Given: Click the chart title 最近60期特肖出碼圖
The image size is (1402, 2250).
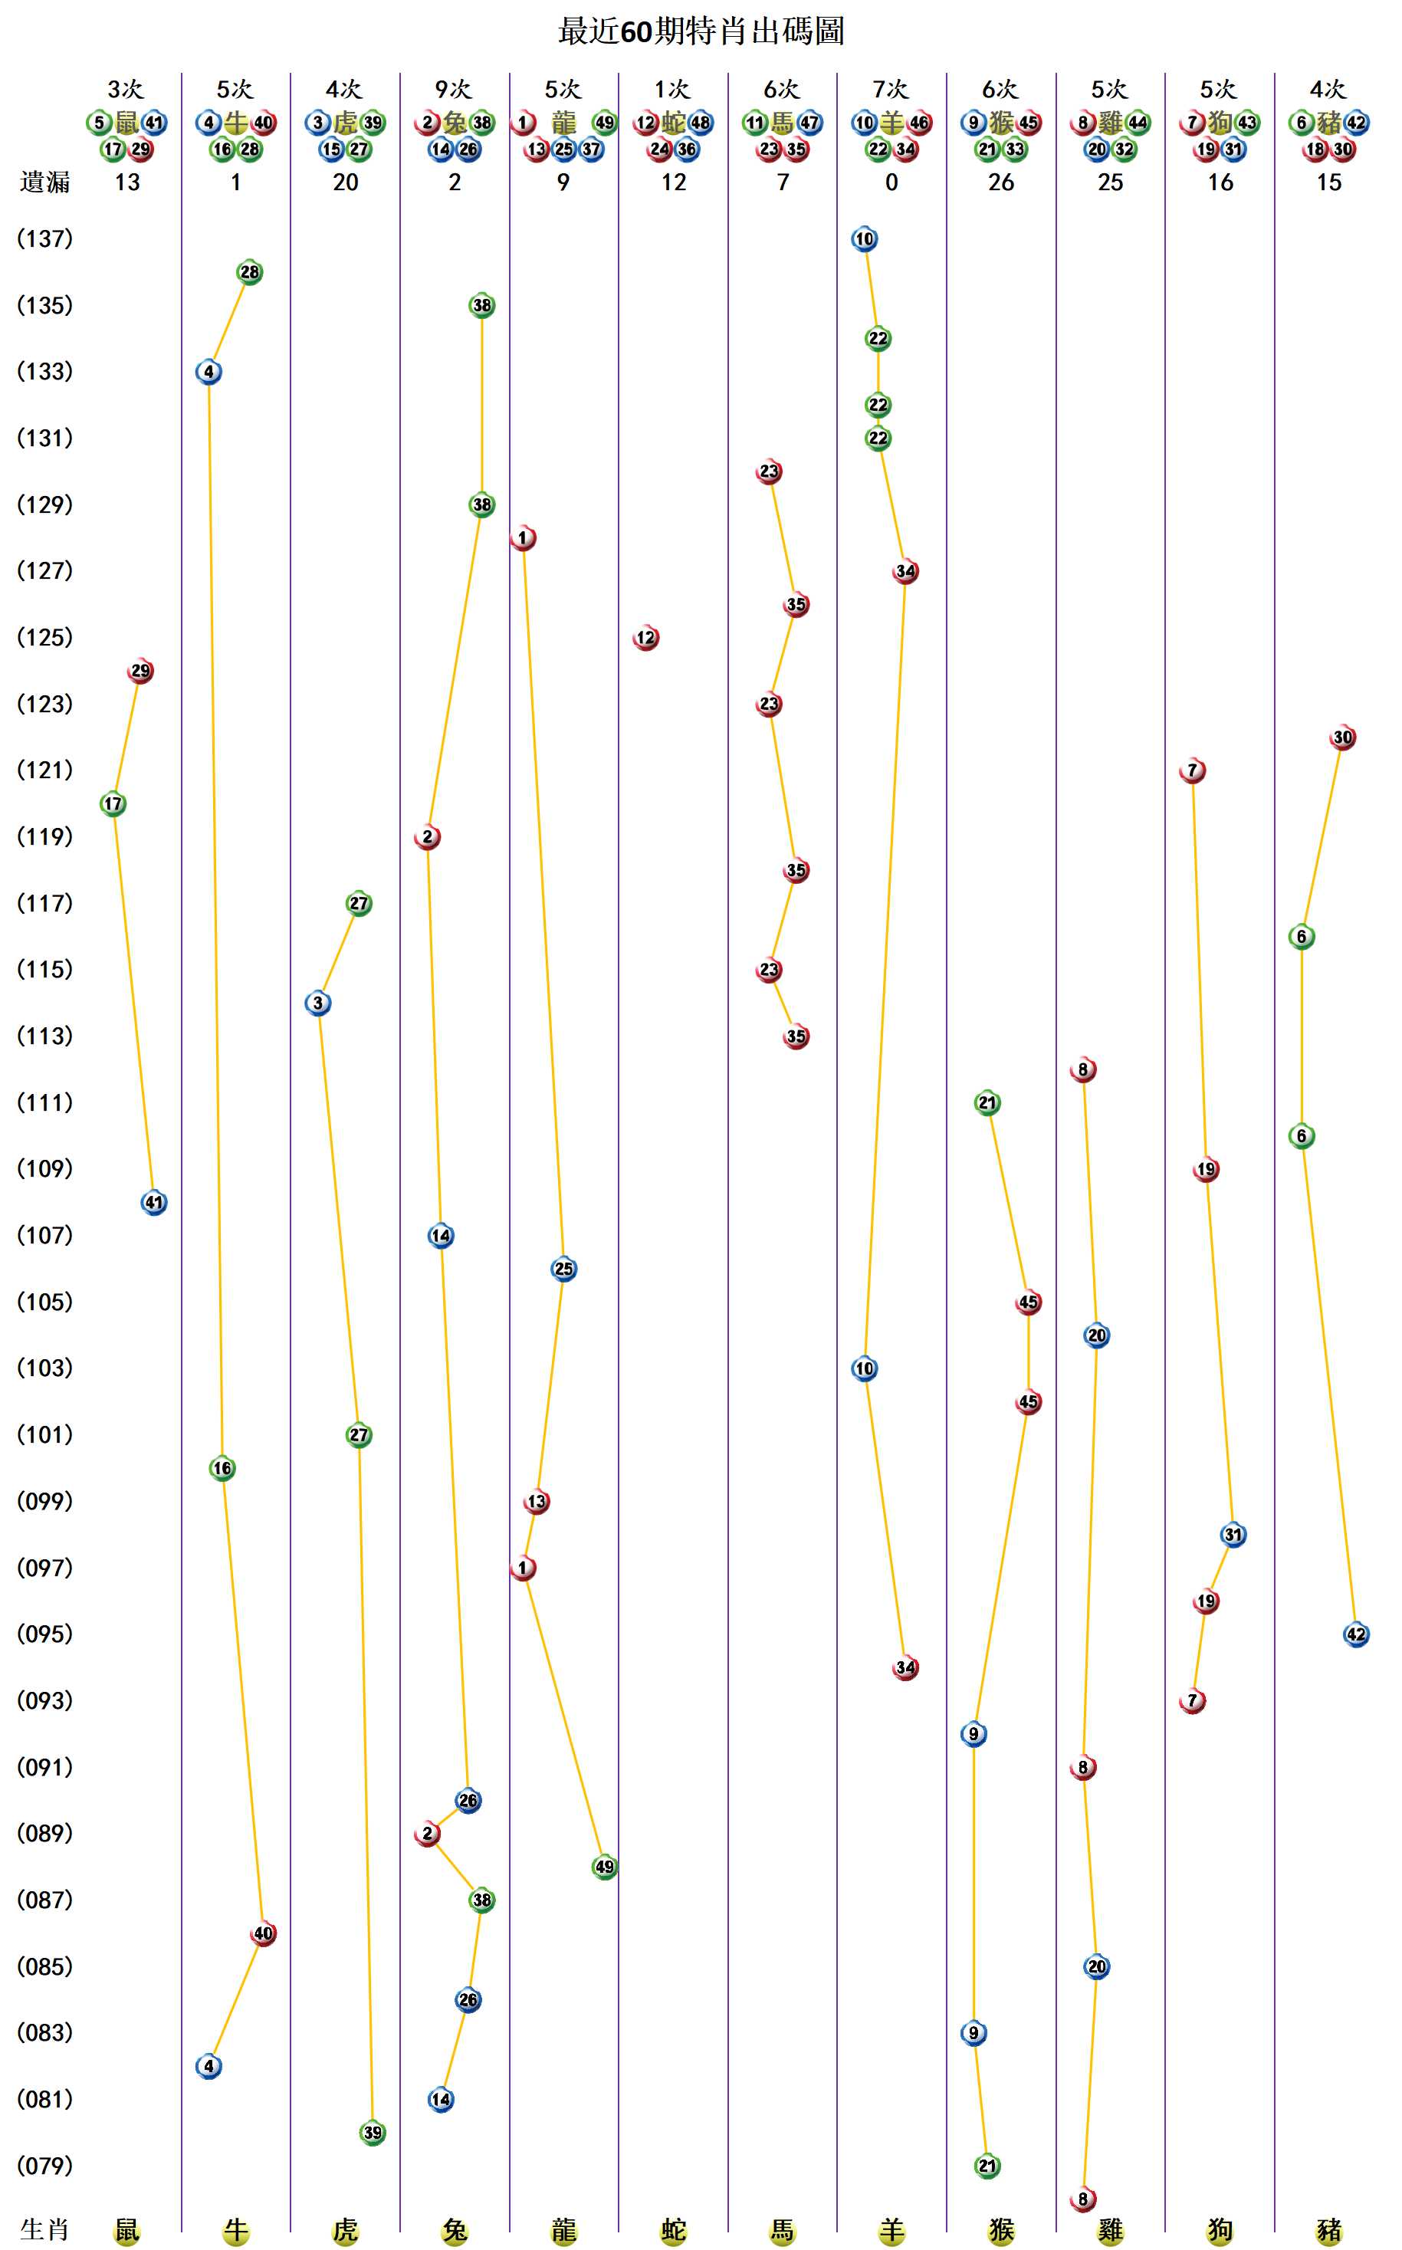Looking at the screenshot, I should tap(701, 31).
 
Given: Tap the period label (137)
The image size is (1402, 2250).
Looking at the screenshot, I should tap(44, 239).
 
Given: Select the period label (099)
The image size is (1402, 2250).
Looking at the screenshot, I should tap(44, 1501).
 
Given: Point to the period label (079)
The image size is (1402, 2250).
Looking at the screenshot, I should tap(44, 2166).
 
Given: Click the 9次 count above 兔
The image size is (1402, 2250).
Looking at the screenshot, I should tap(454, 89).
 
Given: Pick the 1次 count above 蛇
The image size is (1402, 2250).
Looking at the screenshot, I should tap(672, 89).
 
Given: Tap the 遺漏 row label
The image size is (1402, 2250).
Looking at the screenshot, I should tap(44, 182).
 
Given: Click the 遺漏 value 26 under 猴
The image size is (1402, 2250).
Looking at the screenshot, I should tap(1000, 182).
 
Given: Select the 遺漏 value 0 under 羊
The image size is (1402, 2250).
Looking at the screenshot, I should tap(891, 182).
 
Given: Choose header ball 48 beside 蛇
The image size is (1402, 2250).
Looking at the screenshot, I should tap(700, 123).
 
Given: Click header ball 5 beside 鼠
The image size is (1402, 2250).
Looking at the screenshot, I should tap(99, 123).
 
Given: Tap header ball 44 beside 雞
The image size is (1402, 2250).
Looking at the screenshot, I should tap(1138, 123).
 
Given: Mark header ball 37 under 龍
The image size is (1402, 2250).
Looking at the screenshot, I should tap(591, 149).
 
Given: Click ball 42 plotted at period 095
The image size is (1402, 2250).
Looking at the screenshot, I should tap(1356, 1634).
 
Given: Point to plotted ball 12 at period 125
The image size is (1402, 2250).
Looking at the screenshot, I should tap(645, 638).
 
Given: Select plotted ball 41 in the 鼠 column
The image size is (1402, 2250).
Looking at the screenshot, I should tap(154, 1202).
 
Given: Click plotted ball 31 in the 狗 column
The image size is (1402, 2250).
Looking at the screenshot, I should tap(1233, 1534).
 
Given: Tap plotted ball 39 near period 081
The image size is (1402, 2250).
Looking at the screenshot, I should tap(372, 2132).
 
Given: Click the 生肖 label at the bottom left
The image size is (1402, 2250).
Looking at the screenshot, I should tap(44, 2229).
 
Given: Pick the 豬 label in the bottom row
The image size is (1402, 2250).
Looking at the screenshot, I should tap(1328, 2229).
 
